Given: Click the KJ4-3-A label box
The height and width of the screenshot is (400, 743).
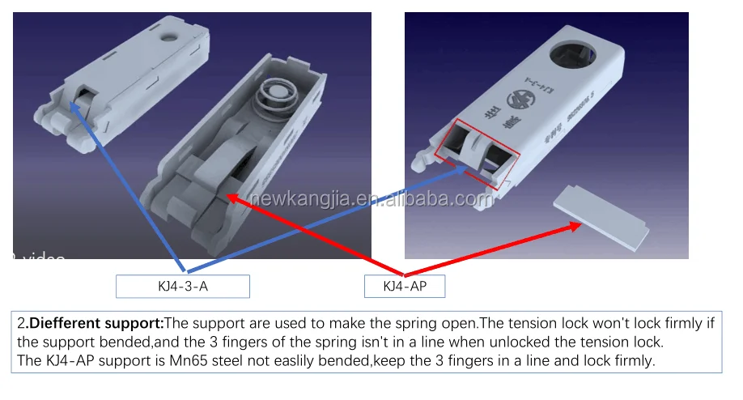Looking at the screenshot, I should pos(182,286).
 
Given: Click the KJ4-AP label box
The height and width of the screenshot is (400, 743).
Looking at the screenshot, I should pos(404,286).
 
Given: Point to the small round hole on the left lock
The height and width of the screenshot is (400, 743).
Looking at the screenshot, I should pos(169,36).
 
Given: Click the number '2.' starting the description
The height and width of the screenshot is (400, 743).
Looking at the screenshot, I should pos(23,323).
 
